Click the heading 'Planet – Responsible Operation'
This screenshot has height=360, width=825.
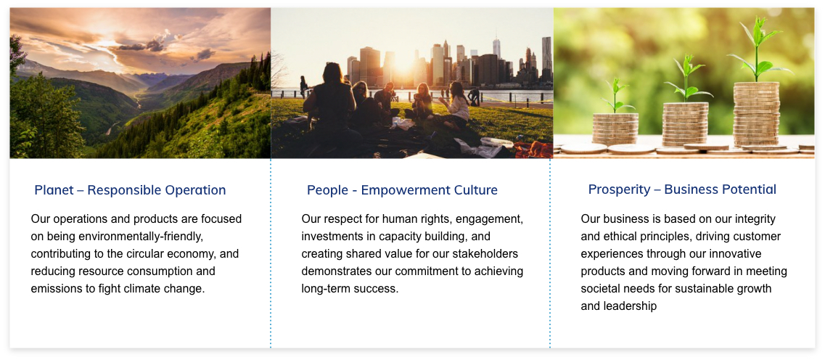coord(130,190)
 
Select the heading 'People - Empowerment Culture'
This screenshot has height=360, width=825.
coord(402,190)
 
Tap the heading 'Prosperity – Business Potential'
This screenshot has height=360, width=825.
coord(682,189)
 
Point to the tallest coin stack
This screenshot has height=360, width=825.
coord(756,114)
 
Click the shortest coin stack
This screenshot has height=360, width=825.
coord(615,129)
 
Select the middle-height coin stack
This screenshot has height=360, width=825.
coord(685,124)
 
